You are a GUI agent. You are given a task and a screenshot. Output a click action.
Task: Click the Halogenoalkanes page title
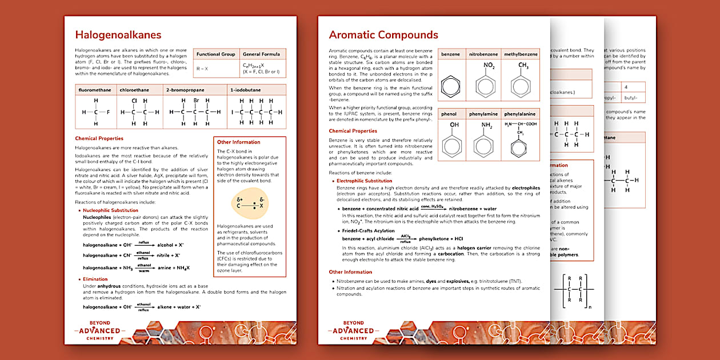tap(118, 35)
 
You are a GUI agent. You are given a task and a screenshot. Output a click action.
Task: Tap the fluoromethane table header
tap(95, 90)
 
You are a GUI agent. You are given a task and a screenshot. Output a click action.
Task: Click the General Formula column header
tap(261, 54)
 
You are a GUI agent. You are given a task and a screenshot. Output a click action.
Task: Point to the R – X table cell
tap(202, 68)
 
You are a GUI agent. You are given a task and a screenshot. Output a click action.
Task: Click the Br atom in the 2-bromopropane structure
tap(195, 101)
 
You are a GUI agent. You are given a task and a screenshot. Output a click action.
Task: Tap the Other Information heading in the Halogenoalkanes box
tap(239, 142)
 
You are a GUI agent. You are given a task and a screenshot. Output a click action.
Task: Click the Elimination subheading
tap(95, 279)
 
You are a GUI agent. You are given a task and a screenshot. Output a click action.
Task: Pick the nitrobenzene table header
tap(483, 54)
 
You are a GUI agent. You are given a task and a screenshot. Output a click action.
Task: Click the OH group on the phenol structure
tap(454, 124)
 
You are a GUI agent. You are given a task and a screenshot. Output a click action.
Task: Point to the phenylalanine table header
tap(521, 114)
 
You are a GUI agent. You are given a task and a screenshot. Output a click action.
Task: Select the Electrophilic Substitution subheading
tap(365, 181)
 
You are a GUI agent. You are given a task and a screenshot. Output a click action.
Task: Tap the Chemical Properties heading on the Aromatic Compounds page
tap(353, 131)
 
